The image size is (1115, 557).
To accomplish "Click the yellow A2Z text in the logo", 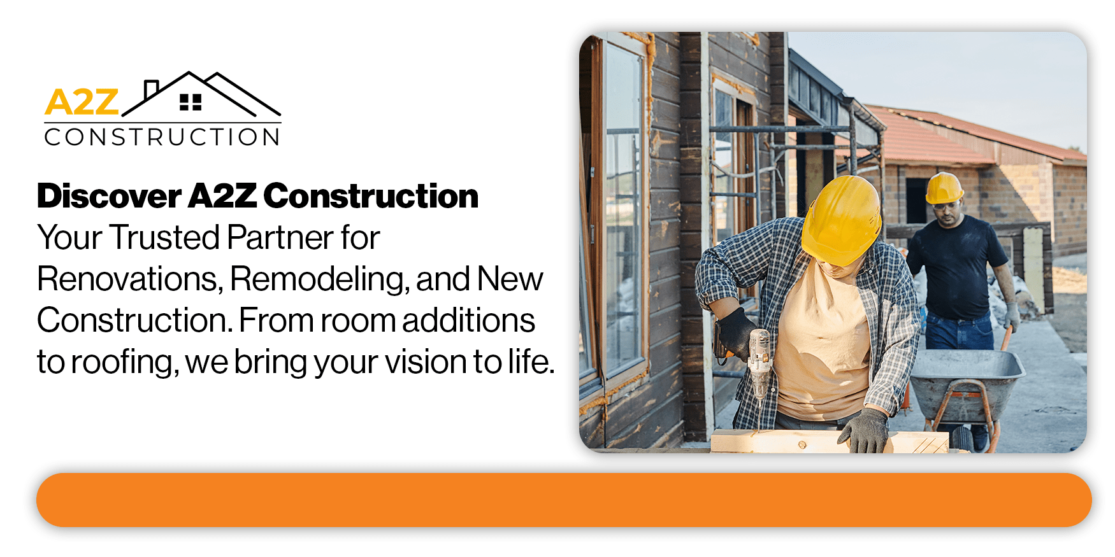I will (82, 102).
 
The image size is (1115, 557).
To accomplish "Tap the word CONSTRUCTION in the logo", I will (162, 137).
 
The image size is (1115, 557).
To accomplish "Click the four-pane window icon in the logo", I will (191, 102).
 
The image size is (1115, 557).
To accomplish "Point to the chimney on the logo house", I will (151, 88).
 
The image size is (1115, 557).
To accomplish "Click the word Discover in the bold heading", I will (109, 196).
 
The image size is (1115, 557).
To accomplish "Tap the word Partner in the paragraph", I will (280, 237).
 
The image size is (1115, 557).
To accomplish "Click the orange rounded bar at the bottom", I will (563, 500).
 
